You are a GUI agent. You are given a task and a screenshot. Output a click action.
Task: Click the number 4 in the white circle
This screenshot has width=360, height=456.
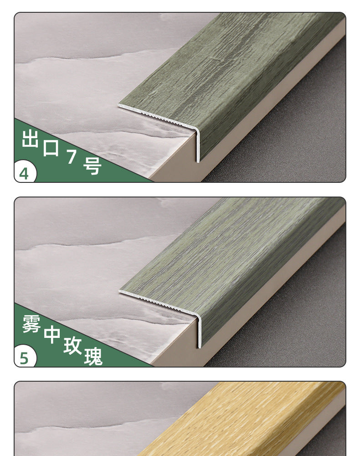(x=24, y=174)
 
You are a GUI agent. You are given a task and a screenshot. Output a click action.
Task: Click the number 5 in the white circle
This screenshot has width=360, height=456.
(x=24, y=358)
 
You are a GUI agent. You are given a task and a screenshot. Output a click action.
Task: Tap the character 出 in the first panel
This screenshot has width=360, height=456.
(x=30, y=139)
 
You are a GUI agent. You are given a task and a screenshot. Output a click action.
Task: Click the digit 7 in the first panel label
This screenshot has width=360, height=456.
(x=72, y=157)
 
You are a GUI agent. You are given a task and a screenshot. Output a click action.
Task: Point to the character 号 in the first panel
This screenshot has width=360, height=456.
(x=93, y=166)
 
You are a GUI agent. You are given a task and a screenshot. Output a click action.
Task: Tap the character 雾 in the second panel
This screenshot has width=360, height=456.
(x=31, y=323)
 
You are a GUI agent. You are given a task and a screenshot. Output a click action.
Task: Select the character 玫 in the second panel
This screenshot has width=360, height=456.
(x=72, y=346)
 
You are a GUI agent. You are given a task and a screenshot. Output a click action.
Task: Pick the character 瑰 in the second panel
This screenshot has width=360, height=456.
(x=93, y=357)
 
